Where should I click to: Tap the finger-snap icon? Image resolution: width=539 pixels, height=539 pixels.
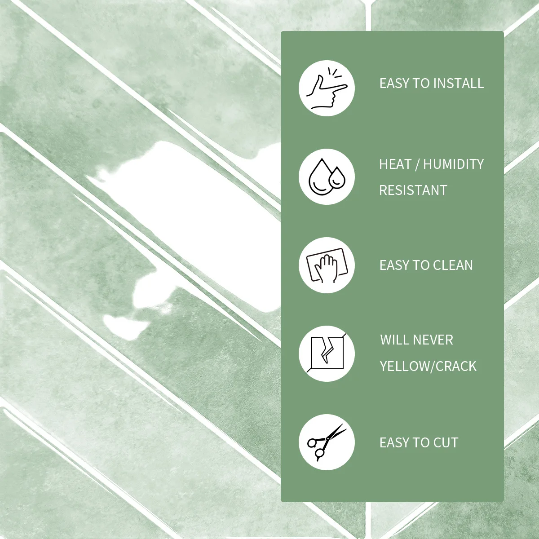coord(327,88)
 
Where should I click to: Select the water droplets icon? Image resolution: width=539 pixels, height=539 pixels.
coord(327,177)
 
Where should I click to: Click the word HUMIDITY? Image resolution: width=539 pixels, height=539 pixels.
coord(453,164)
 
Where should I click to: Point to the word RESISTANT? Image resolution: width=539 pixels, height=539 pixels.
coord(413,190)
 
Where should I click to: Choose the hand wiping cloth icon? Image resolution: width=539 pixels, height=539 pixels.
coord(327,265)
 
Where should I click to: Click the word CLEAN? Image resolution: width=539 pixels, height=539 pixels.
coord(453,265)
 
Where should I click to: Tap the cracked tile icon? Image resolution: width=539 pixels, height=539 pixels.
coord(327,353)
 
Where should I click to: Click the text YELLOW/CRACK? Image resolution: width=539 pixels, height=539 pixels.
coord(428,366)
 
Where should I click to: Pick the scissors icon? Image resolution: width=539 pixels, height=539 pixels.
coord(327,442)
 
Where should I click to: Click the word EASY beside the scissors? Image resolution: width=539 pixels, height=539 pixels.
coord(395,443)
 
